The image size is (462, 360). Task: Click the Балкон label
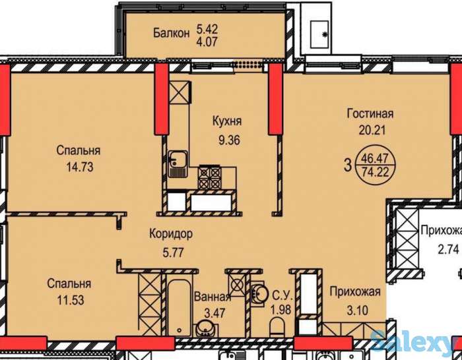click(171, 33)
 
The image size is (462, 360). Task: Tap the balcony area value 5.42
click(207, 29)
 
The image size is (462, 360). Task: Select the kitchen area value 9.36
click(229, 140)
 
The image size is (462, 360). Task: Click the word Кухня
click(227, 121)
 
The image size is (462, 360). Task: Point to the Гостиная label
click(370, 113)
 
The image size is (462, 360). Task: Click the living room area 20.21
click(372, 130)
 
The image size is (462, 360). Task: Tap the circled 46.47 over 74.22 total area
click(375, 165)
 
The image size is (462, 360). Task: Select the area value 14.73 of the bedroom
click(80, 167)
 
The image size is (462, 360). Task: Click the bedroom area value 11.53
click(71, 300)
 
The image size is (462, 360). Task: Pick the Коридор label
click(171, 234)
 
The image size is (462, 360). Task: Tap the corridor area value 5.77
click(173, 253)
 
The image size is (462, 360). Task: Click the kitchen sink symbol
click(178, 164)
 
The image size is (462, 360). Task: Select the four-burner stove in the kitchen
click(209, 177)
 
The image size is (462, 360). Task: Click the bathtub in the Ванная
click(179, 307)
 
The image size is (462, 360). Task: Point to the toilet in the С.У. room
click(277, 328)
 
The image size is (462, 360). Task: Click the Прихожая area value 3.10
click(358, 311)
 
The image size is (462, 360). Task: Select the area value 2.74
click(448, 250)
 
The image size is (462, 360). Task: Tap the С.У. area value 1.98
click(280, 310)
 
